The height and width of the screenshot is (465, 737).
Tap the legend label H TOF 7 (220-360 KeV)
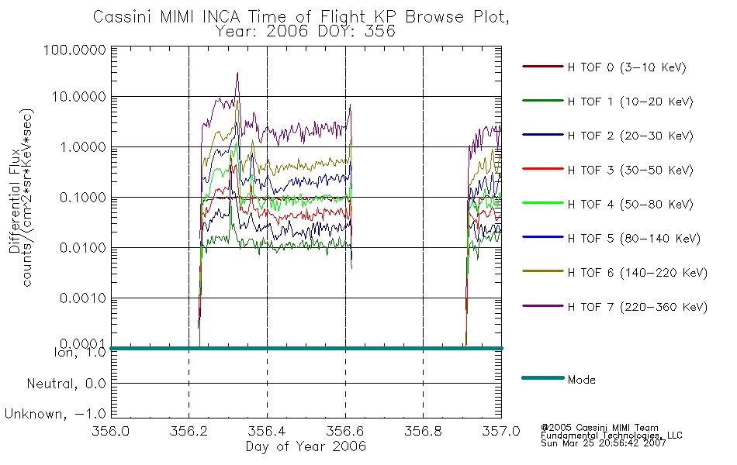point(638,307)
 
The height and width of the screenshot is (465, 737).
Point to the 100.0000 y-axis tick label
point(74,50)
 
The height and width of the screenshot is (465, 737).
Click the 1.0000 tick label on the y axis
point(83,147)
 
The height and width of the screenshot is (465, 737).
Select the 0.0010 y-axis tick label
point(83,298)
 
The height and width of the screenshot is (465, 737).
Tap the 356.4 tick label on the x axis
point(267,431)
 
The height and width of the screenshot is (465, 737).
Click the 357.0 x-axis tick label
point(501,431)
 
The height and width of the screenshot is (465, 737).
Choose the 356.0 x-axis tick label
point(111,431)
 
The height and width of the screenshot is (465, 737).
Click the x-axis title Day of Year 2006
point(306,446)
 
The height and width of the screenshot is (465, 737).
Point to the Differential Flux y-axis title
point(15,201)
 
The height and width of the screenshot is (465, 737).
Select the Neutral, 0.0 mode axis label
point(67,384)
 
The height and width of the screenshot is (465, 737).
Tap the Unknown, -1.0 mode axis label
point(55,414)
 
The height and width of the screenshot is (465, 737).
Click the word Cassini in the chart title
point(123,17)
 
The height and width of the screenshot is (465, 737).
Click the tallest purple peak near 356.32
point(238,73)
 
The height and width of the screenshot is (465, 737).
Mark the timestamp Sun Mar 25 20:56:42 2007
point(604,443)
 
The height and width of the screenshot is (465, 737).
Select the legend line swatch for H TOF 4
point(543,203)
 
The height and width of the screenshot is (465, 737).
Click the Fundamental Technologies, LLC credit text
point(611,436)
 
